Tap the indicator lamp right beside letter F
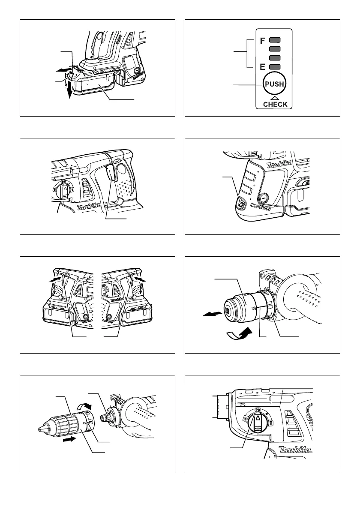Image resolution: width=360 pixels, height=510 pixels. pyautogui.click(x=274, y=42)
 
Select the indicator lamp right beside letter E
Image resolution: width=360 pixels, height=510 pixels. pyautogui.click(x=274, y=67)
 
